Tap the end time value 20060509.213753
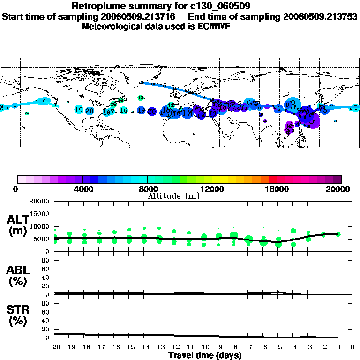[320, 16]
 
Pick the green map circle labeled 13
[141, 97]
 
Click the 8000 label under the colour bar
[147, 189]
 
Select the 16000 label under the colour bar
[277, 189]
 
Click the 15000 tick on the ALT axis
[39, 214]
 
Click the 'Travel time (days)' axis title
[205, 355]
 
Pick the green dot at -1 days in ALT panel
[338, 234]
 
